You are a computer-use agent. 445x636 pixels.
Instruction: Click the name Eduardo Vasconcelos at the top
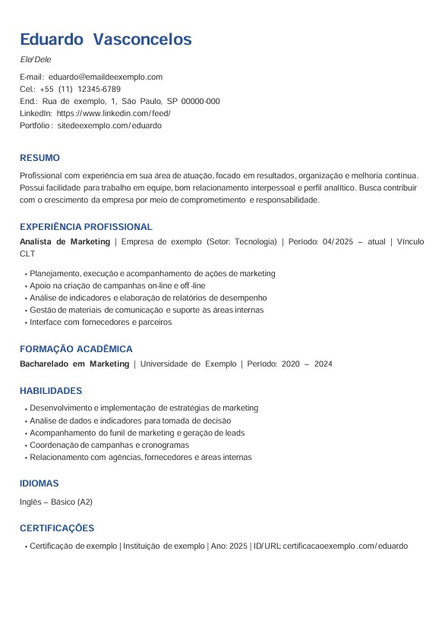[x=106, y=39]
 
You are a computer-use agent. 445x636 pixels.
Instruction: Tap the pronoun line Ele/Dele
[x=36, y=59]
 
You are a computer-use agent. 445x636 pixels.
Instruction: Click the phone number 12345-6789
[x=99, y=89]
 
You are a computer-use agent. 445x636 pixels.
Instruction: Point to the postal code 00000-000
[x=200, y=101]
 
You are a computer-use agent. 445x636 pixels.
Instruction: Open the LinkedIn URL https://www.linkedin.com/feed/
[x=114, y=113]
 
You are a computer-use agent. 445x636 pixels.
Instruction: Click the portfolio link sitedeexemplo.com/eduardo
[x=109, y=125]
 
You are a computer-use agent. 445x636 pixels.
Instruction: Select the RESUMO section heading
[x=39, y=158]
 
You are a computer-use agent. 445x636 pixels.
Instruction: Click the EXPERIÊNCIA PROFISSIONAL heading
[x=86, y=227]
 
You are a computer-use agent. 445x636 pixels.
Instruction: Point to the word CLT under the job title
[x=27, y=253]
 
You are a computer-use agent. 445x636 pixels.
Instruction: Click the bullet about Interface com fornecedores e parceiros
[x=100, y=322]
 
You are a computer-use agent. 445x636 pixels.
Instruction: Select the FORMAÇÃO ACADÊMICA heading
[x=76, y=349]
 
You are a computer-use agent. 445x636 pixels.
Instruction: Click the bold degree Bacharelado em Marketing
[x=74, y=364]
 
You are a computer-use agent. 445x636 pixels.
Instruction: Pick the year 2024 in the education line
[x=323, y=364]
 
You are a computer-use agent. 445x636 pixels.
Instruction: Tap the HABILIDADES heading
[x=51, y=391]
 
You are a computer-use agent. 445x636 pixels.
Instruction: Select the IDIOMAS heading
[x=39, y=483]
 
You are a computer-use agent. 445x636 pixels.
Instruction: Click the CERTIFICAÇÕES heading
[x=57, y=528]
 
